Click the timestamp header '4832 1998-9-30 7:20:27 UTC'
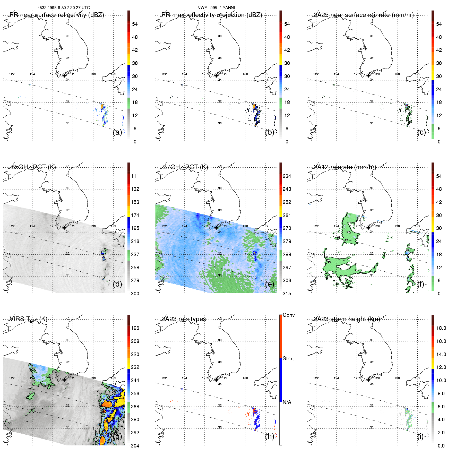coord(64,8)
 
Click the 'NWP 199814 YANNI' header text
coord(216,8)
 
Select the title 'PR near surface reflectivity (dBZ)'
coord(57,15)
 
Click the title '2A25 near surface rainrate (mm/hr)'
coord(364,15)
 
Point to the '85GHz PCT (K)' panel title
coord(33,167)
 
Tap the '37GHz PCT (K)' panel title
coord(186,167)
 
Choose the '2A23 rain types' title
coord(184,319)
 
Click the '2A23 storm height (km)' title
coord(347,319)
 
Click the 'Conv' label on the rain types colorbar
coord(289,315)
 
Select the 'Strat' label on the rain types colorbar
coord(288,358)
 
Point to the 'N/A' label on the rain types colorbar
coord(287,402)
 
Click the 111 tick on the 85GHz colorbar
coord(135,176)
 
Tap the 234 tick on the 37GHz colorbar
coord(287,176)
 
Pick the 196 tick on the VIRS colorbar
coord(135,328)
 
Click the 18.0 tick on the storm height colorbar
coord(441,328)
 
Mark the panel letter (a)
coord(117,132)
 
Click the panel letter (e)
coord(270,284)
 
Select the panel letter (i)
coord(420,436)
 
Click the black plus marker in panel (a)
coord(64,76)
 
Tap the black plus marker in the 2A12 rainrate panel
coord(368,228)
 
